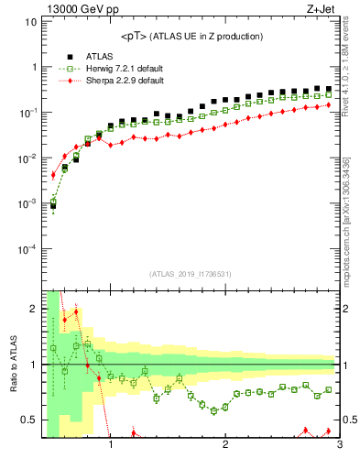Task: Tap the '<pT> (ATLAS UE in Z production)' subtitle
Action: click(x=191, y=36)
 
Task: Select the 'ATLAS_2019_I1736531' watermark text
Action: click(x=191, y=274)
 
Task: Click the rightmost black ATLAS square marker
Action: click(x=328, y=89)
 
